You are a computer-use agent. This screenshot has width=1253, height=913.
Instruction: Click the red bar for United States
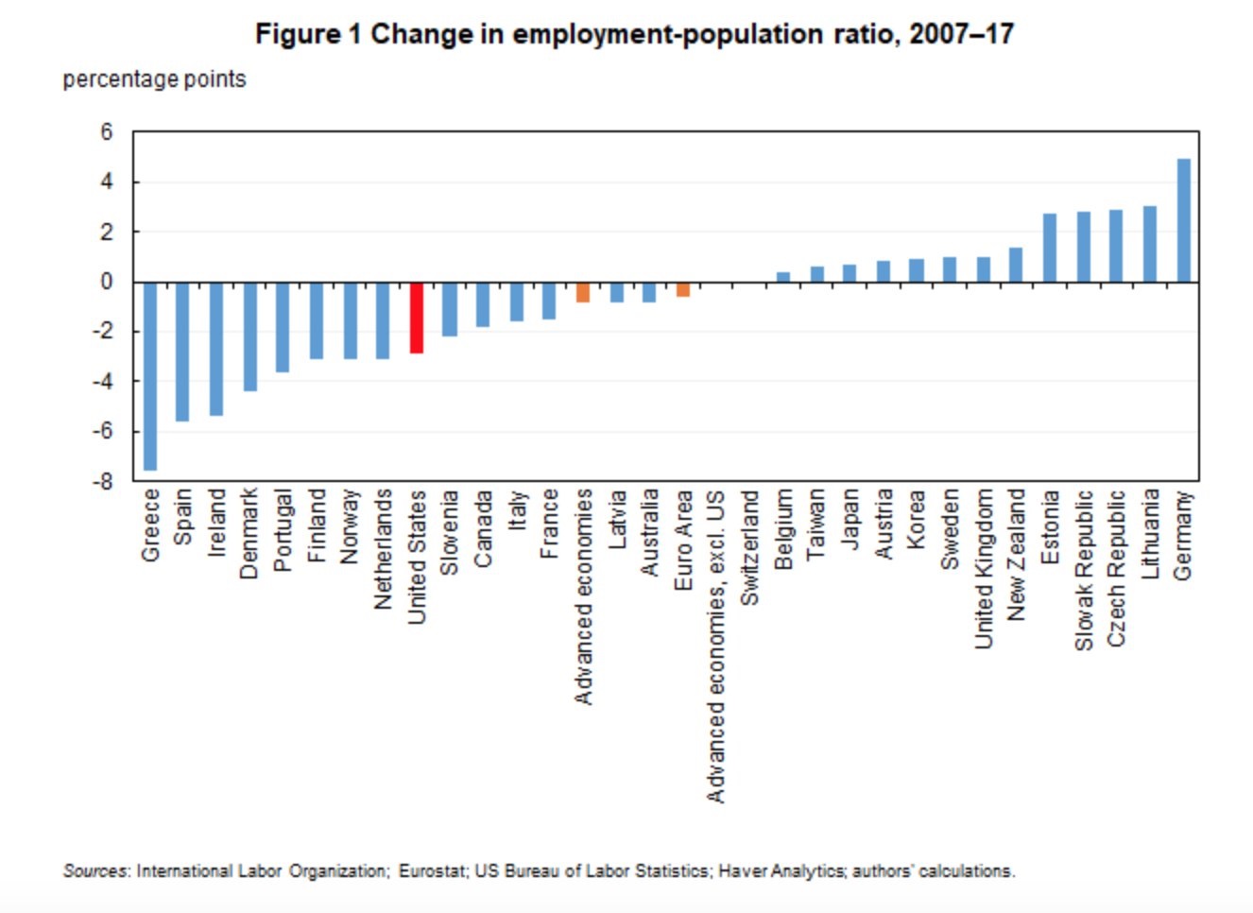(416, 318)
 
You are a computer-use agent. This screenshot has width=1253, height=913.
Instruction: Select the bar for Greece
(149, 375)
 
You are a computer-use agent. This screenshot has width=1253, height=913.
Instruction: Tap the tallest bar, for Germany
(1183, 220)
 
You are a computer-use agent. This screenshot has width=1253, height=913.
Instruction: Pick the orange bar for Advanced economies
(583, 292)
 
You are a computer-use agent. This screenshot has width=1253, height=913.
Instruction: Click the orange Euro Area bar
(683, 289)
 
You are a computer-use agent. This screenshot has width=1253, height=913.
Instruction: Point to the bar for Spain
(182, 351)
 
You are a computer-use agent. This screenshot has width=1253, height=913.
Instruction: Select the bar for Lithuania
(1150, 244)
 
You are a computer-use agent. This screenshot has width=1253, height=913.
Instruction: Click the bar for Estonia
(1050, 248)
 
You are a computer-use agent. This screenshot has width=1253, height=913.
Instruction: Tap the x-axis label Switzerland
(749, 547)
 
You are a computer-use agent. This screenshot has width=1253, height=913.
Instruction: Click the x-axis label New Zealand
(1016, 554)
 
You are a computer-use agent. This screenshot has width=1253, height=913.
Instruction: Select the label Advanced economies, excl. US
(716, 646)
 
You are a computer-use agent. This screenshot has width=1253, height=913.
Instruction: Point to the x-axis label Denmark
(249, 533)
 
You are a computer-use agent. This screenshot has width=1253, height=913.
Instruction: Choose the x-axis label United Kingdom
(983, 568)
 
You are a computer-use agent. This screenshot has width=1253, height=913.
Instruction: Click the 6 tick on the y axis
(106, 132)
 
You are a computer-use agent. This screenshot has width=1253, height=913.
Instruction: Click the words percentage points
(154, 79)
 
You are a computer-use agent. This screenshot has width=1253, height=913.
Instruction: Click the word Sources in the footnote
(94, 870)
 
